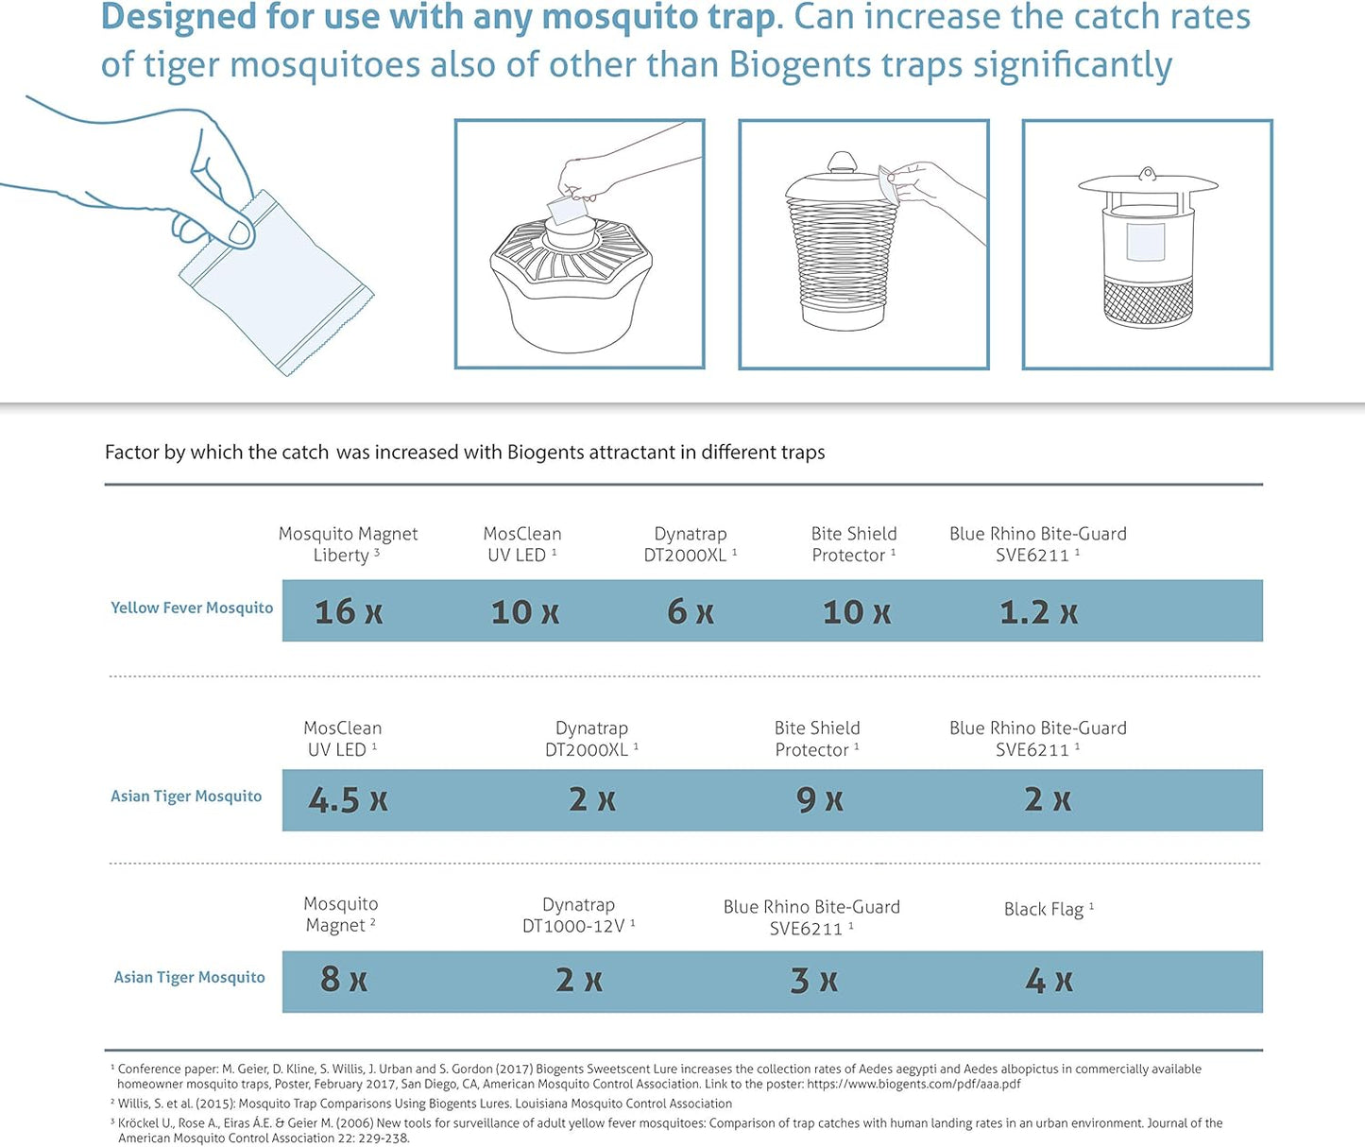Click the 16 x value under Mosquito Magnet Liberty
[x=348, y=612]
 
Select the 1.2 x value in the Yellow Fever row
[x=1038, y=612]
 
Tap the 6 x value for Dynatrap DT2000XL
[x=690, y=612]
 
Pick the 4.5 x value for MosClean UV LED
[x=348, y=800]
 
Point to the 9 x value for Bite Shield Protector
[x=819, y=800]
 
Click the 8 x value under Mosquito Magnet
[x=343, y=980]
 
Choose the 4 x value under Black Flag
[x=1049, y=981]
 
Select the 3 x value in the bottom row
[x=813, y=981]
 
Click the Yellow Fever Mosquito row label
[x=192, y=608]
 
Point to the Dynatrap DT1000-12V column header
[x=578, y=916]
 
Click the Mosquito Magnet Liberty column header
[x=348, y=544]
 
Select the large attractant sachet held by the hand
[x=276, y=282]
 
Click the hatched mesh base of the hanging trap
[x=1148, y=302]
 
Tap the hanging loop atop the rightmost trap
[x=1147, y=174]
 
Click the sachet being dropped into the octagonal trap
[x=565, y=210]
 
